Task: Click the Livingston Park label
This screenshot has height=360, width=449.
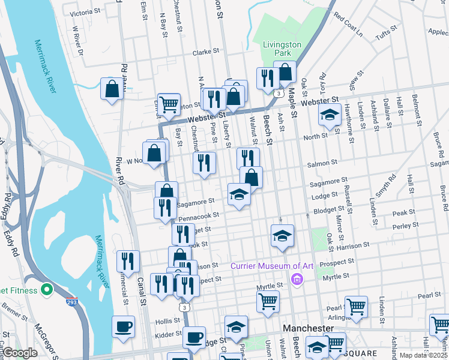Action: pyautogui.click(x=282, y=49)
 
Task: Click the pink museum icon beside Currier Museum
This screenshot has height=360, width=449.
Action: pyautogui.click(x=295, y=278)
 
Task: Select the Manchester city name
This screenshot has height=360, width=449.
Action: pyautogui.click(x=307, y=329)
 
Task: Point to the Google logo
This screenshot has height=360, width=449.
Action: pyautogui.click(x=20, y=353)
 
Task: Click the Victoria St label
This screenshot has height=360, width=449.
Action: pyautogui.click(x=85, y=13)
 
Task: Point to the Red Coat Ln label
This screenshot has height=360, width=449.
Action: pyautogui.click(x=349, y=26)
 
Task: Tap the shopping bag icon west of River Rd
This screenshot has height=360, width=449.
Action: pyautogui.click(x=112, y=89)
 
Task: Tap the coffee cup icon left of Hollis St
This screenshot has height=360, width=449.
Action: pyautogui.click(x=123, y=326)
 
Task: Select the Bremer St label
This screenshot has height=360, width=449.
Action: pyautogui.click(x=13, y=313)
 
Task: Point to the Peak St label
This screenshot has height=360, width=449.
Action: pyautogui.click(x=403, y=212)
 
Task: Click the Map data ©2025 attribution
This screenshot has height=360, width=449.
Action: pyautogui.click(x=423, y=355)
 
